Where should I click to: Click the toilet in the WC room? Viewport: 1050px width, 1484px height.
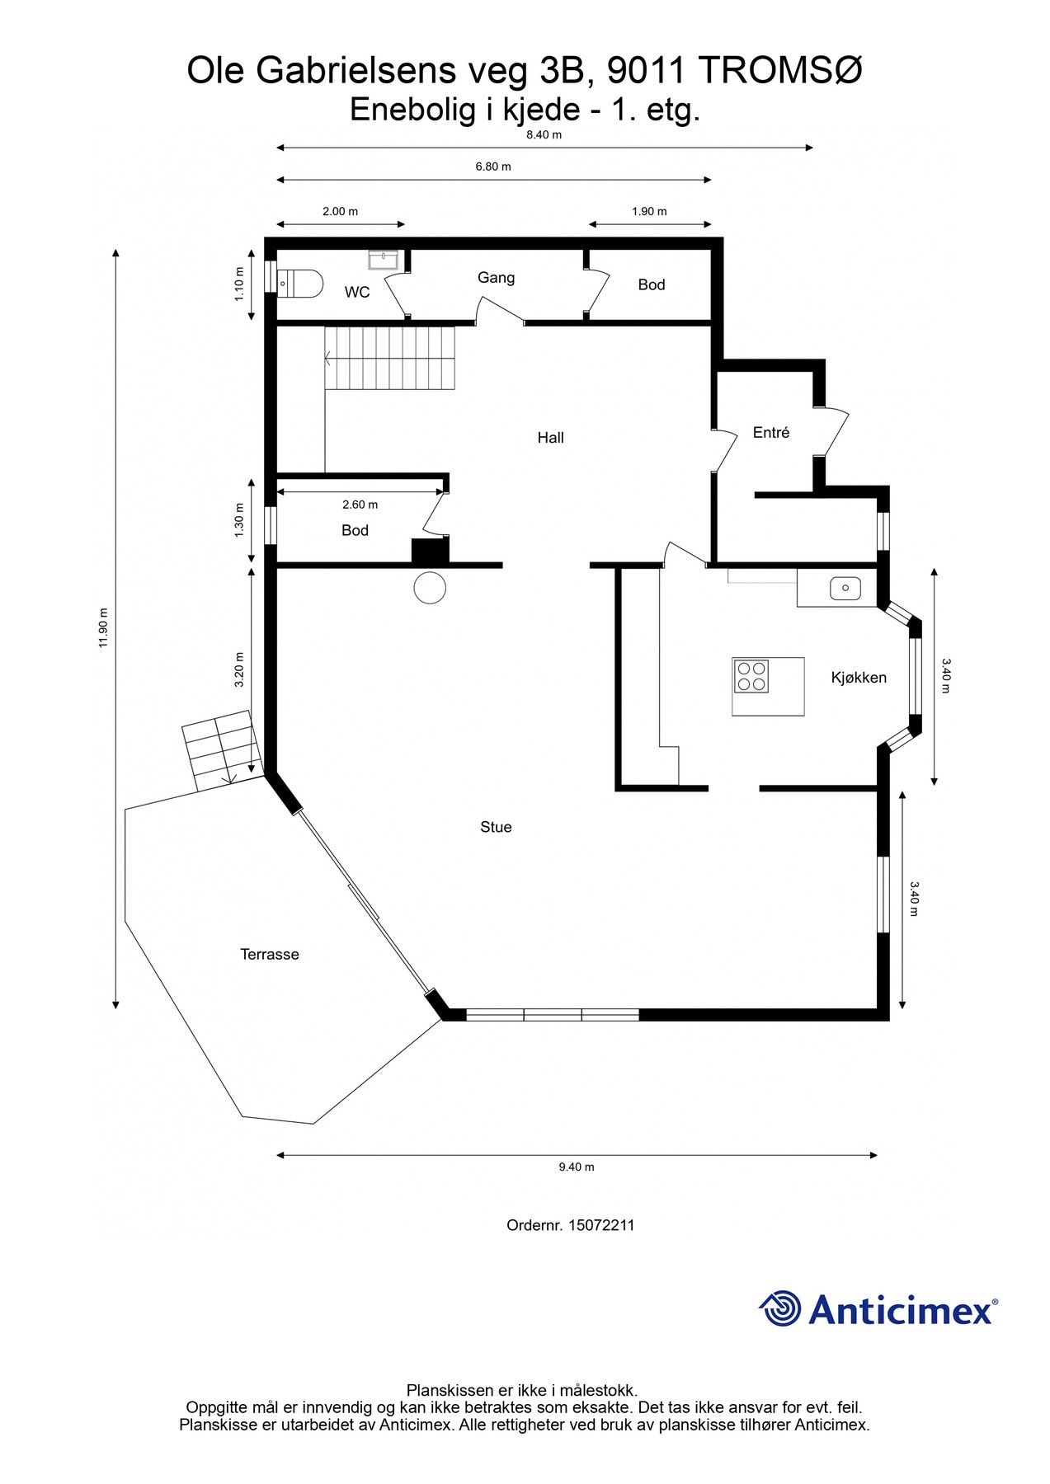(x=299, y=283)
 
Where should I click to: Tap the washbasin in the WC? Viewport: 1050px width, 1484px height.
(x=384, y=261)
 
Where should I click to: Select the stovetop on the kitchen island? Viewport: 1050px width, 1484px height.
(x=751, y=676)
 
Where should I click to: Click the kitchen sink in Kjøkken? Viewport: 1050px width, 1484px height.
(x=845, y=589)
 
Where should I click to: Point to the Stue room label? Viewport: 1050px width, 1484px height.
(x=496, y=827)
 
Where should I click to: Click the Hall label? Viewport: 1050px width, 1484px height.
(x=550, y=438)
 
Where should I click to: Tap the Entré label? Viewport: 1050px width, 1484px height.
(x=771, y=433)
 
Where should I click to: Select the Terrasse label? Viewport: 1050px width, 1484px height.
(x=270, y=955)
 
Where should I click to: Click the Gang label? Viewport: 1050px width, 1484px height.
(x=496, y=278)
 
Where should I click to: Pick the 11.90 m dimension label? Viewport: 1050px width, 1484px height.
(x=103, y=628)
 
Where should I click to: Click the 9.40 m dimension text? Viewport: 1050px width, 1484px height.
(x=577, y=1167)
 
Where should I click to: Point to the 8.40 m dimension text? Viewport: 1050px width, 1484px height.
(x=544, y=135)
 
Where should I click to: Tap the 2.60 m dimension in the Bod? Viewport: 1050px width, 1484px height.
(x=360, y=505)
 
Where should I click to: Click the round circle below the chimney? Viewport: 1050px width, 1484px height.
(x=429, y=588)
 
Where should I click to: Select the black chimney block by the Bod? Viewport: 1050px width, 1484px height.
(x=430, y=551)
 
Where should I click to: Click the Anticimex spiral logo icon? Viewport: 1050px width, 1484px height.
(x=780, y=1308)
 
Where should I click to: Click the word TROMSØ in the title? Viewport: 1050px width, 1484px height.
(x=781, y=72)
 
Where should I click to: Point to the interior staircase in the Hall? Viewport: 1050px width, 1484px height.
(x=389, y=359)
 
